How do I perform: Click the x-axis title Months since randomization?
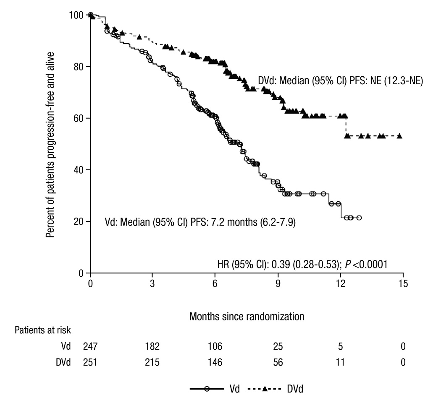(247, 316)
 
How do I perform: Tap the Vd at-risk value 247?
(90, 347)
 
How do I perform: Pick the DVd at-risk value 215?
(152, 362)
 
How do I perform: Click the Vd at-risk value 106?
(215, 347)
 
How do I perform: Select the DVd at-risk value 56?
(278, 362)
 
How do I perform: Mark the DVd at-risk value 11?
(340, 362)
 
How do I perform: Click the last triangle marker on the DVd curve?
(399, 136)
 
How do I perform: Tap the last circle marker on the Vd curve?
(359, 218)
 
